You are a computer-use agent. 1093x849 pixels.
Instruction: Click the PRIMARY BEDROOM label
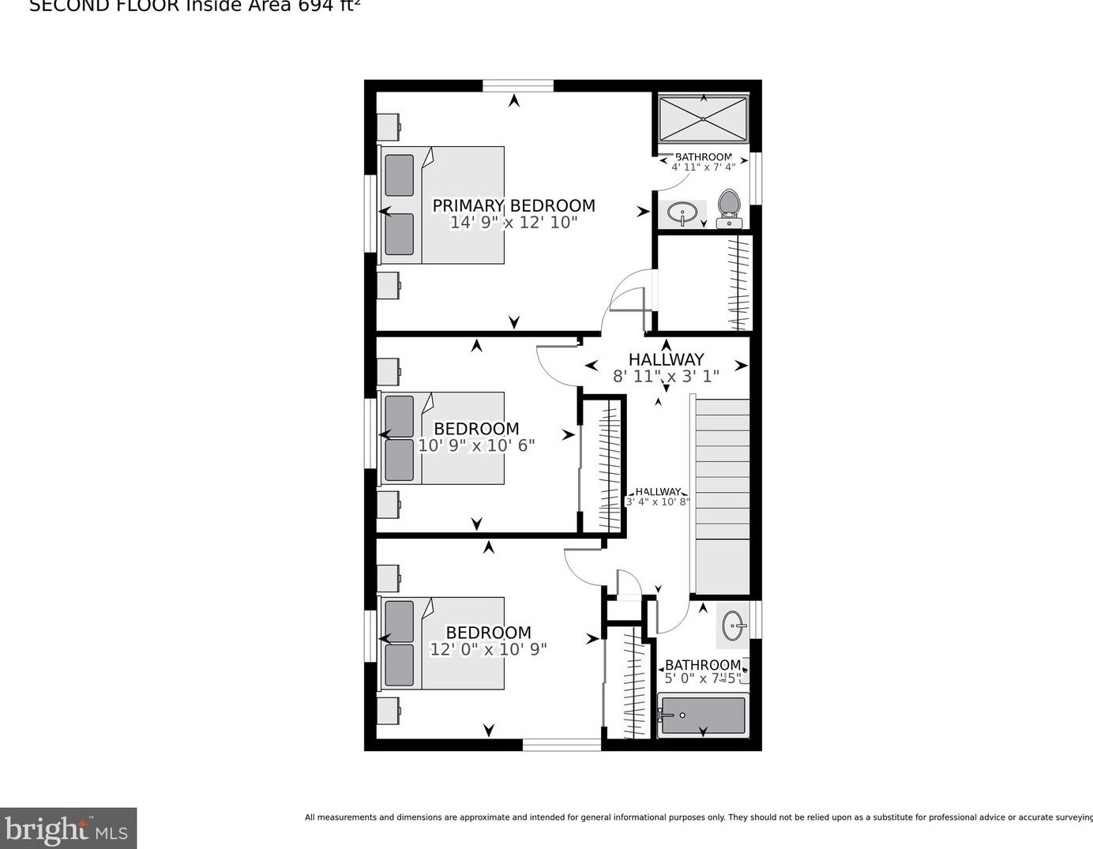tap(513, 205)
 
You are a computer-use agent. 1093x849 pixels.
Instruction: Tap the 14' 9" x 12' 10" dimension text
tap(513, 223)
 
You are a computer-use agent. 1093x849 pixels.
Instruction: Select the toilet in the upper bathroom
tap(728, 208)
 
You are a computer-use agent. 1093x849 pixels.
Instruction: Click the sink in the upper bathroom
tap(682, 212)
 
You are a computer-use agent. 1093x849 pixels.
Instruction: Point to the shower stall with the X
tap(703, 118)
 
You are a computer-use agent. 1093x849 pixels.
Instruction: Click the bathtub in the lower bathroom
tap(703, 715)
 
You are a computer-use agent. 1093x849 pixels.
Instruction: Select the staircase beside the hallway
tap(722, 494)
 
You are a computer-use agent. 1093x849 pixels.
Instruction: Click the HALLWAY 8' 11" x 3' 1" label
tap(666, 367)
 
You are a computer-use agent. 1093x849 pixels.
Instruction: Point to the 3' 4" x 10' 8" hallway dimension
tap(658, 502)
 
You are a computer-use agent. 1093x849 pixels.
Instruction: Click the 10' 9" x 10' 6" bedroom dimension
tap(476, 445)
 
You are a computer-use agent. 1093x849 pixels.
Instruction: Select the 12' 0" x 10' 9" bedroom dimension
tap(488, 649)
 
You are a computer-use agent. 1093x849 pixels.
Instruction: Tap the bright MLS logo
tap(68, 828)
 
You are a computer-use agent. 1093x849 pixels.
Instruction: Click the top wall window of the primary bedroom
tap(518, 85)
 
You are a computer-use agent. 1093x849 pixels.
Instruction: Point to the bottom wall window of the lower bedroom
tap(562, 744)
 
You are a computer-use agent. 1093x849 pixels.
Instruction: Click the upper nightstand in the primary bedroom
tap(388, 126)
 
